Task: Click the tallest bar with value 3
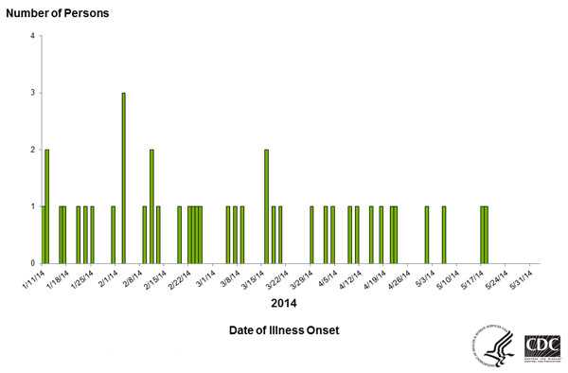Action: [124, 178]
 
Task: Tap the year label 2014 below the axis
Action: [284, 304]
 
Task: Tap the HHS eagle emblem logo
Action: [495, 345]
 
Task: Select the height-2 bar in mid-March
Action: [266, 206]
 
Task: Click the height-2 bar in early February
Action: [151, 206]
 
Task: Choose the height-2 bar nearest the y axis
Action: [46, 206]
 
